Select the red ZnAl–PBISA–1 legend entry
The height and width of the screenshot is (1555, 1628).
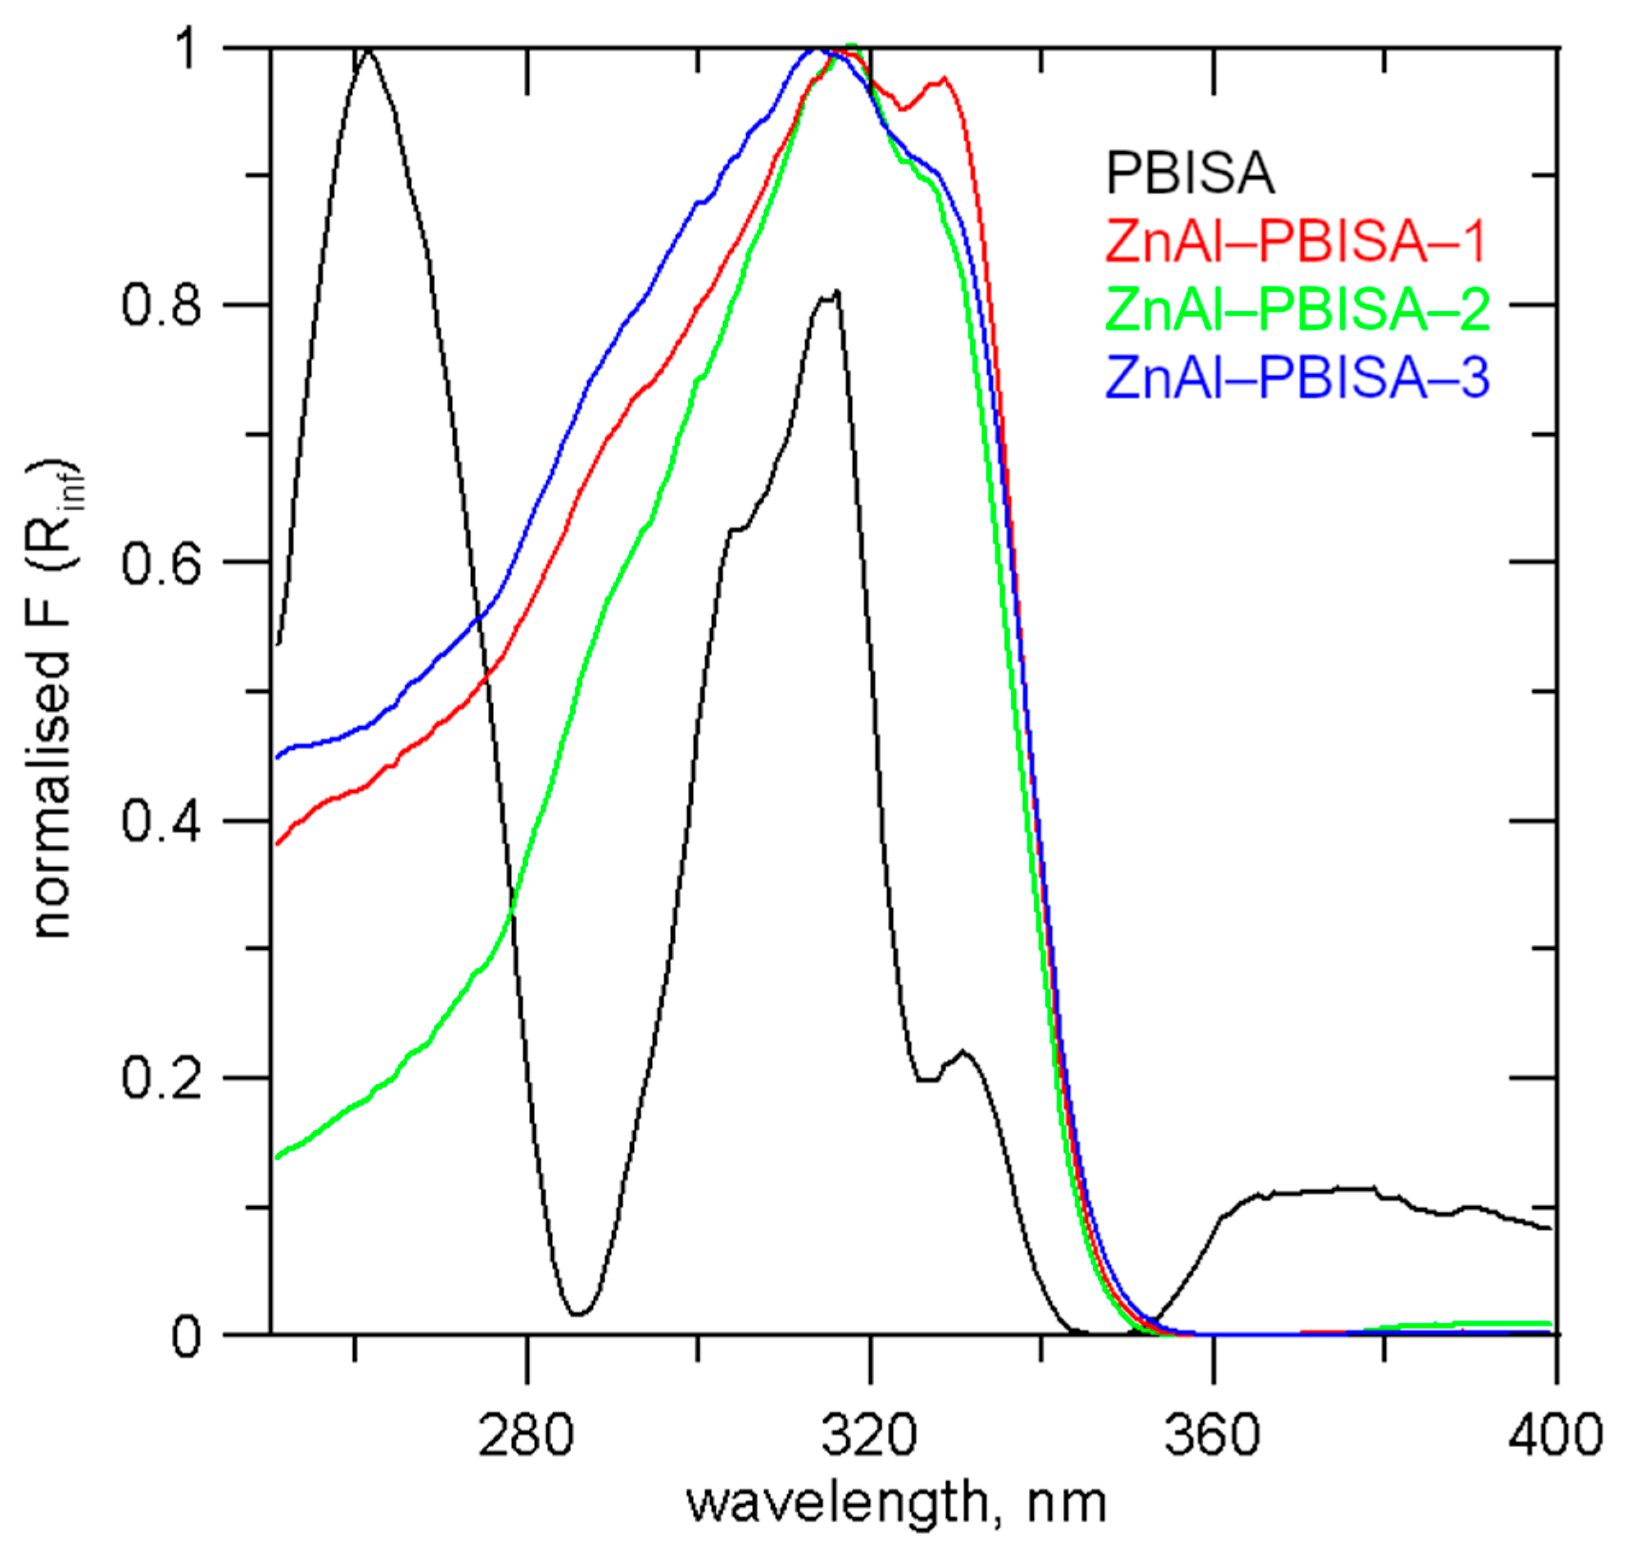(x=1297, y=241)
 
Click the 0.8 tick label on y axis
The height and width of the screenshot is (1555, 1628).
(x=161, y=305)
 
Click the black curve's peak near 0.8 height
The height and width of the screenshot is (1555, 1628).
(x=837, y=292)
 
